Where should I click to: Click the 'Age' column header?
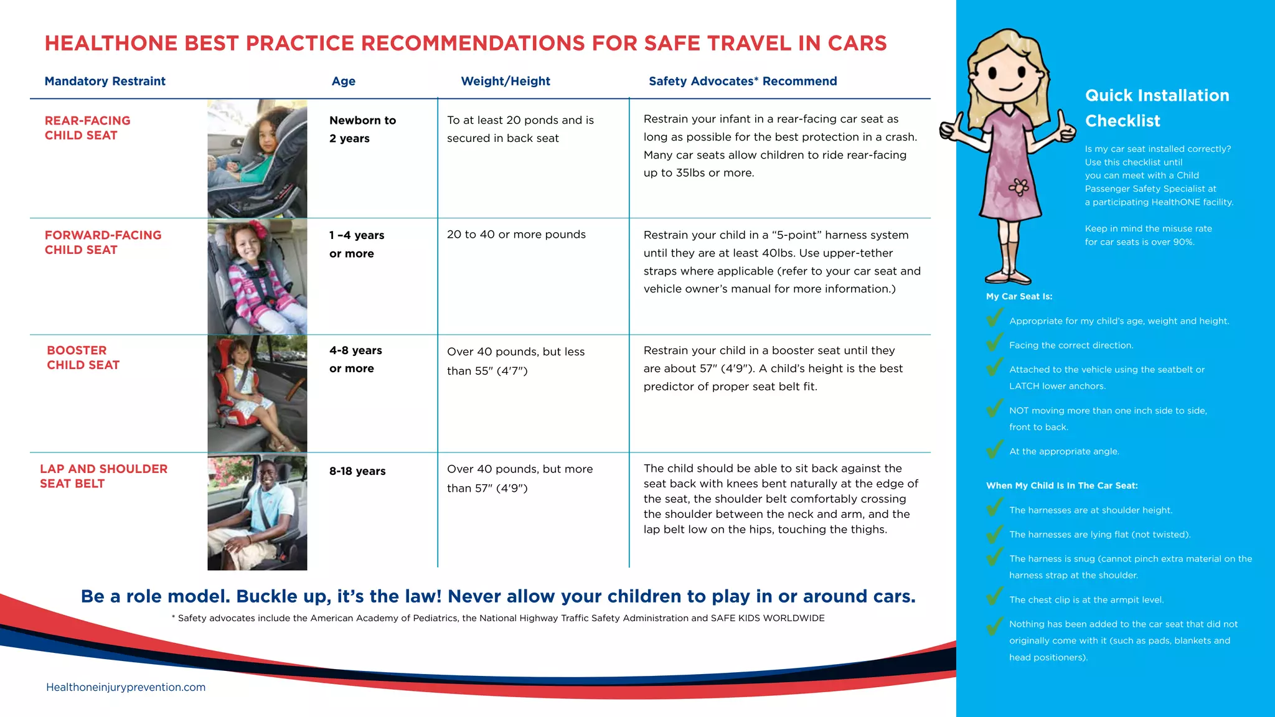tap(343, 81)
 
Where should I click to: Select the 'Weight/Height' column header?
tap(505, 81)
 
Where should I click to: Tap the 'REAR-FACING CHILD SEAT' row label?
tap(87, 128)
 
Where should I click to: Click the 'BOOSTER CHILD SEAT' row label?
tap(83, 357)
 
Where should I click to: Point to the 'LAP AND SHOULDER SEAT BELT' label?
tap(103, 476)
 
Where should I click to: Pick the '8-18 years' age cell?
tap(357, 471)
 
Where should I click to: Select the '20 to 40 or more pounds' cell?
tap(516, 235)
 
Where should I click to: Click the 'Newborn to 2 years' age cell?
tap(362, 129)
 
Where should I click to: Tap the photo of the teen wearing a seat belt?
tap(257, 512)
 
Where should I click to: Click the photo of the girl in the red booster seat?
tap(257, 393)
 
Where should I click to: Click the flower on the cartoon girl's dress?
tap(1019, 186)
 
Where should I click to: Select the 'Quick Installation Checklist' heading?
tap(1156, 108)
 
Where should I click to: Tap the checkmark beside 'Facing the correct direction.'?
tap(995, 342)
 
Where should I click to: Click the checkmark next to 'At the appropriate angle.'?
tap(995, 449)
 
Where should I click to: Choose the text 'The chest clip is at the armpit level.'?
tap(1086, 600)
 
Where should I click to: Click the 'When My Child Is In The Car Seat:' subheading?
tap(1061, 485)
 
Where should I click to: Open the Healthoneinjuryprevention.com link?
tap(126, 687)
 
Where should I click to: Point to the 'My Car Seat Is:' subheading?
tap(1019, 296)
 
